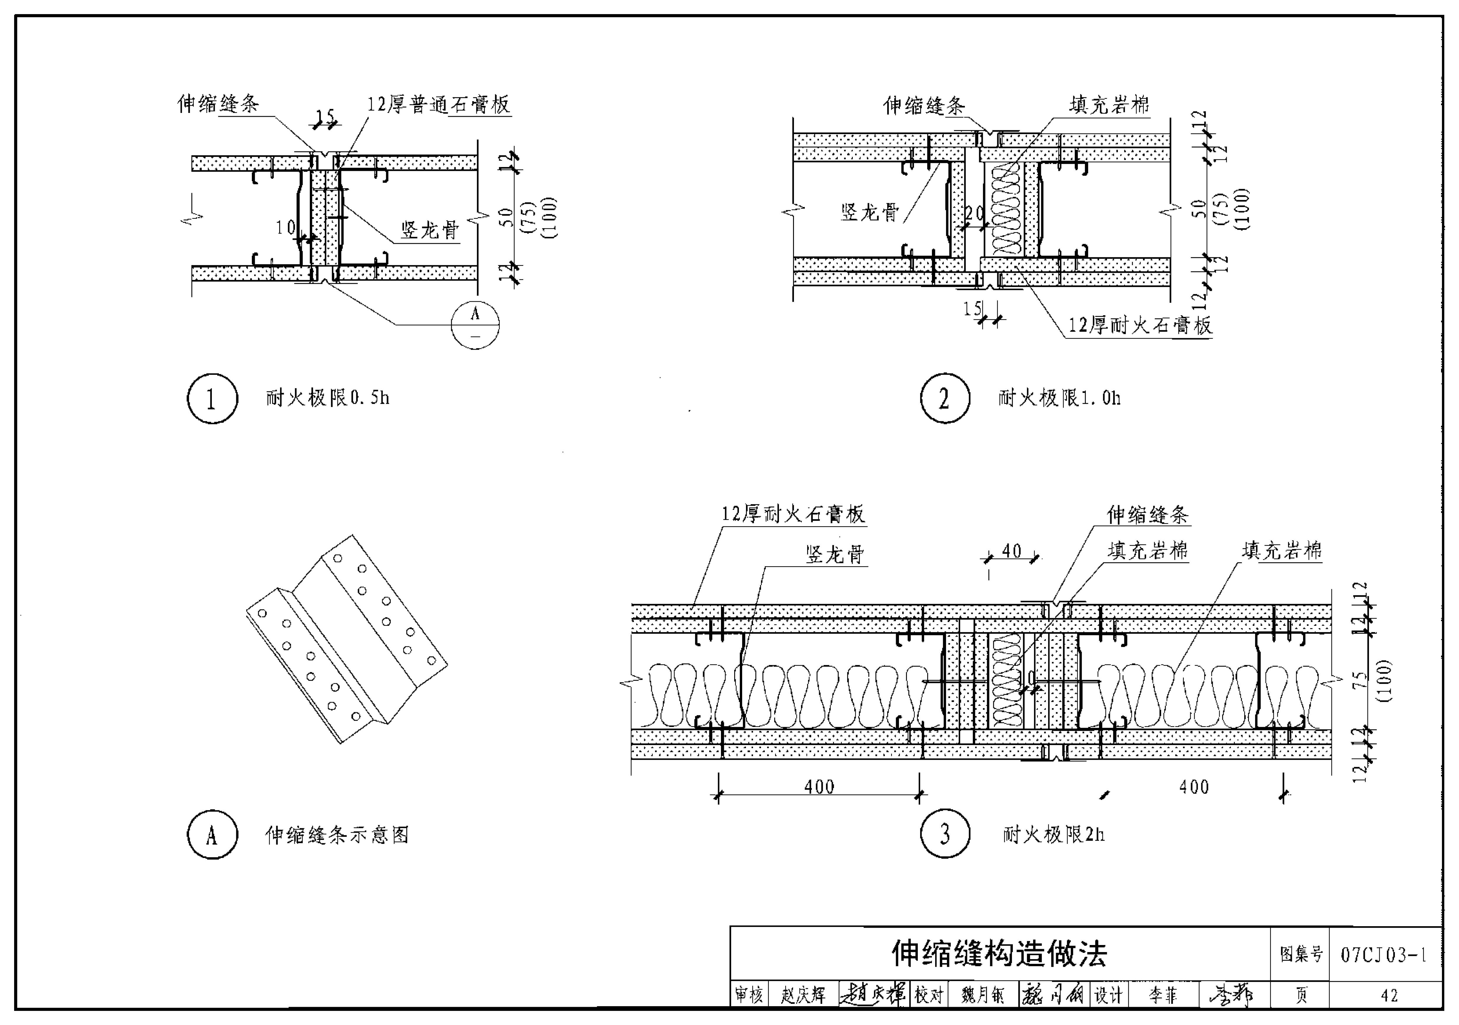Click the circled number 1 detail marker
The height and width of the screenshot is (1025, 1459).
(x=212, y=399)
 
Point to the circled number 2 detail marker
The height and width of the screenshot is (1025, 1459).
(x=945, y=399)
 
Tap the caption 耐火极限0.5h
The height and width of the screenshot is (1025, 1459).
(x=327, y=398)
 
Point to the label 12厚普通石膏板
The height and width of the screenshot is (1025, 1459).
(x=438, y=105)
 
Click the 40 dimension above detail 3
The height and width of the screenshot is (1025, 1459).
(x=1011, y=551)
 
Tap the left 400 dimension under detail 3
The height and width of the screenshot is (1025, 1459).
(x=819, y=787)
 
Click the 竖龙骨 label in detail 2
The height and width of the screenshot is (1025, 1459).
(x=870, y=212)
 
